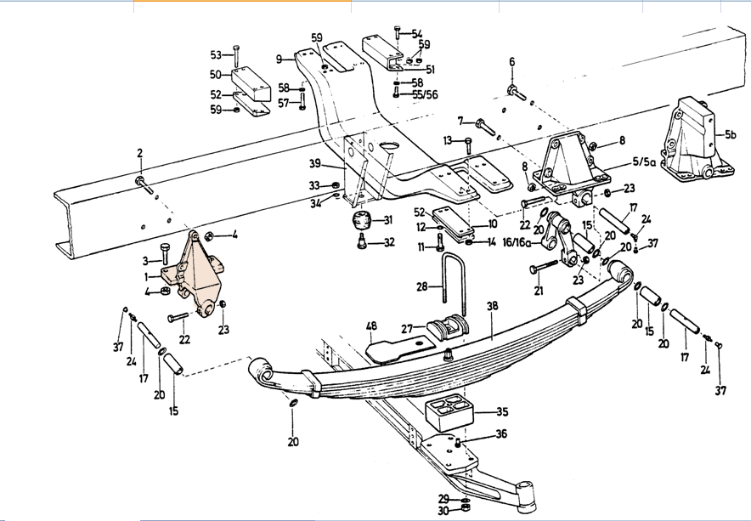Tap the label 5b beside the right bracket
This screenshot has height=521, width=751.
(x=731, y=134)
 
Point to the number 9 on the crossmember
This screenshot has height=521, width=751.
(x=280, y=59)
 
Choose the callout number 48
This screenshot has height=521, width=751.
(x=371, y=326)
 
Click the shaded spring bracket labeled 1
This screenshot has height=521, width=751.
(x=197, y=275)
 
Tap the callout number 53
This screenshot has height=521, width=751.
(x=216, y=55)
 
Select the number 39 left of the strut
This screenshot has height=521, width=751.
(x=314, y=163)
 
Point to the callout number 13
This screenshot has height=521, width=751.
(x=448, y=140)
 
